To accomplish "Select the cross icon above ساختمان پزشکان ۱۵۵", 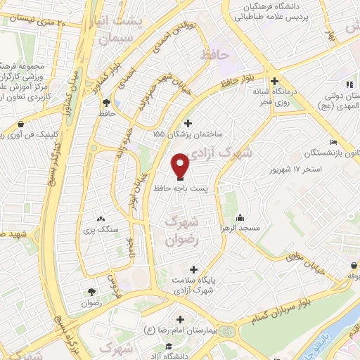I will click(187, 122).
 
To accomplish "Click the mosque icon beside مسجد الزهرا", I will click(240, 217).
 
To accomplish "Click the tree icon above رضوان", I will click(91, 292).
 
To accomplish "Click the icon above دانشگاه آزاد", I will click(169, 346).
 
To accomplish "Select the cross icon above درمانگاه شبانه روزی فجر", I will click(283, 82).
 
